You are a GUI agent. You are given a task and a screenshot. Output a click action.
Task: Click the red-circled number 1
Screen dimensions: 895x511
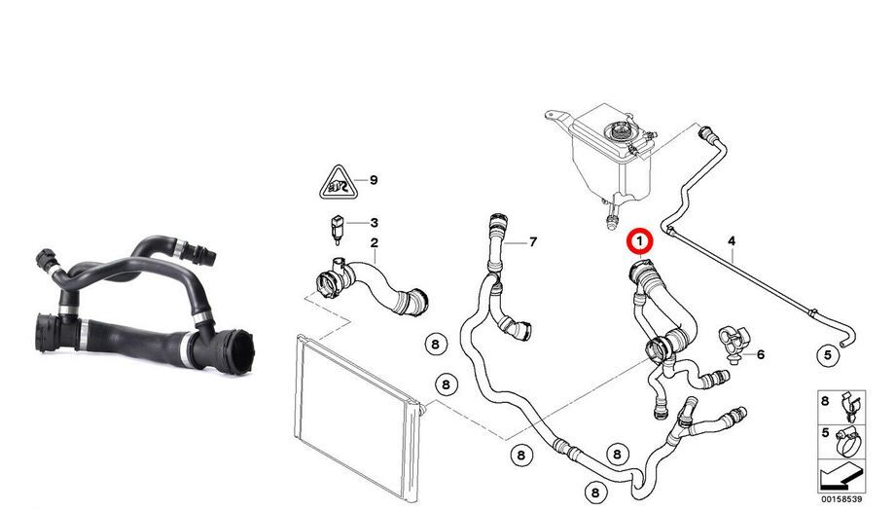pyautogui.click(x=639, y=241)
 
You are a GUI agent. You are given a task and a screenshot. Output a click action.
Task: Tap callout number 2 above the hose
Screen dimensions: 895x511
pyautogui.click(x=374, y=242)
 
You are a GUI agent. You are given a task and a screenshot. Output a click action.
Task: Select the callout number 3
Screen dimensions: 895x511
pyautogui.click(x=374, y=223)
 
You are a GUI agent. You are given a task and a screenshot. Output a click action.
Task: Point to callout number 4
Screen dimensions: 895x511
pyautogui.click(x=732, y=241)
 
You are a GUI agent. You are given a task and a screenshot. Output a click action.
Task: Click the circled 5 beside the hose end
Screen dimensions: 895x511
pyautogui.click(x=828, y=355)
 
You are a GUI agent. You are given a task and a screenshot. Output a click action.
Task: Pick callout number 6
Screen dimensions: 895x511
pyautogui.click(x=761, y=354)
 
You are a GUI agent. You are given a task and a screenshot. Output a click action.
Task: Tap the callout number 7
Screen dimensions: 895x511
pyautogui.click(x=533, y=242)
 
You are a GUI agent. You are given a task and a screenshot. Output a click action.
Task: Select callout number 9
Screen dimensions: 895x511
pyautogui.click(x=374, y=180)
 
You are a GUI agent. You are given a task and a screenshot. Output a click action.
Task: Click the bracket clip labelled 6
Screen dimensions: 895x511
pyautogui.click(x=733, y=342)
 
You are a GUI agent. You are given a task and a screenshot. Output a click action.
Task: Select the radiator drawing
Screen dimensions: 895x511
pyautogui.click(x=358, y=418)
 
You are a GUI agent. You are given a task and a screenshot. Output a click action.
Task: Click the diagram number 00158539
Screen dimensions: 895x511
pyautogui.click(x=841, y=499)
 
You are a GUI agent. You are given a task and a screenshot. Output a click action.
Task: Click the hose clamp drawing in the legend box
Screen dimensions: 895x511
pyautogui.click(x=850, y=442)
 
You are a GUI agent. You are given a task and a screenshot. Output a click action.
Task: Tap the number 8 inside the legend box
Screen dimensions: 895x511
pyautogui.click(x=825, y=401)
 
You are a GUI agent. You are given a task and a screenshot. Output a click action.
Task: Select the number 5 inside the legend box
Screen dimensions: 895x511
pyautogui.click(x=825, y=433)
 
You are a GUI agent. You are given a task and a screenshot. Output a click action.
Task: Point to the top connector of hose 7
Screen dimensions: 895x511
pyautogui.click(x=496, y=222)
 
